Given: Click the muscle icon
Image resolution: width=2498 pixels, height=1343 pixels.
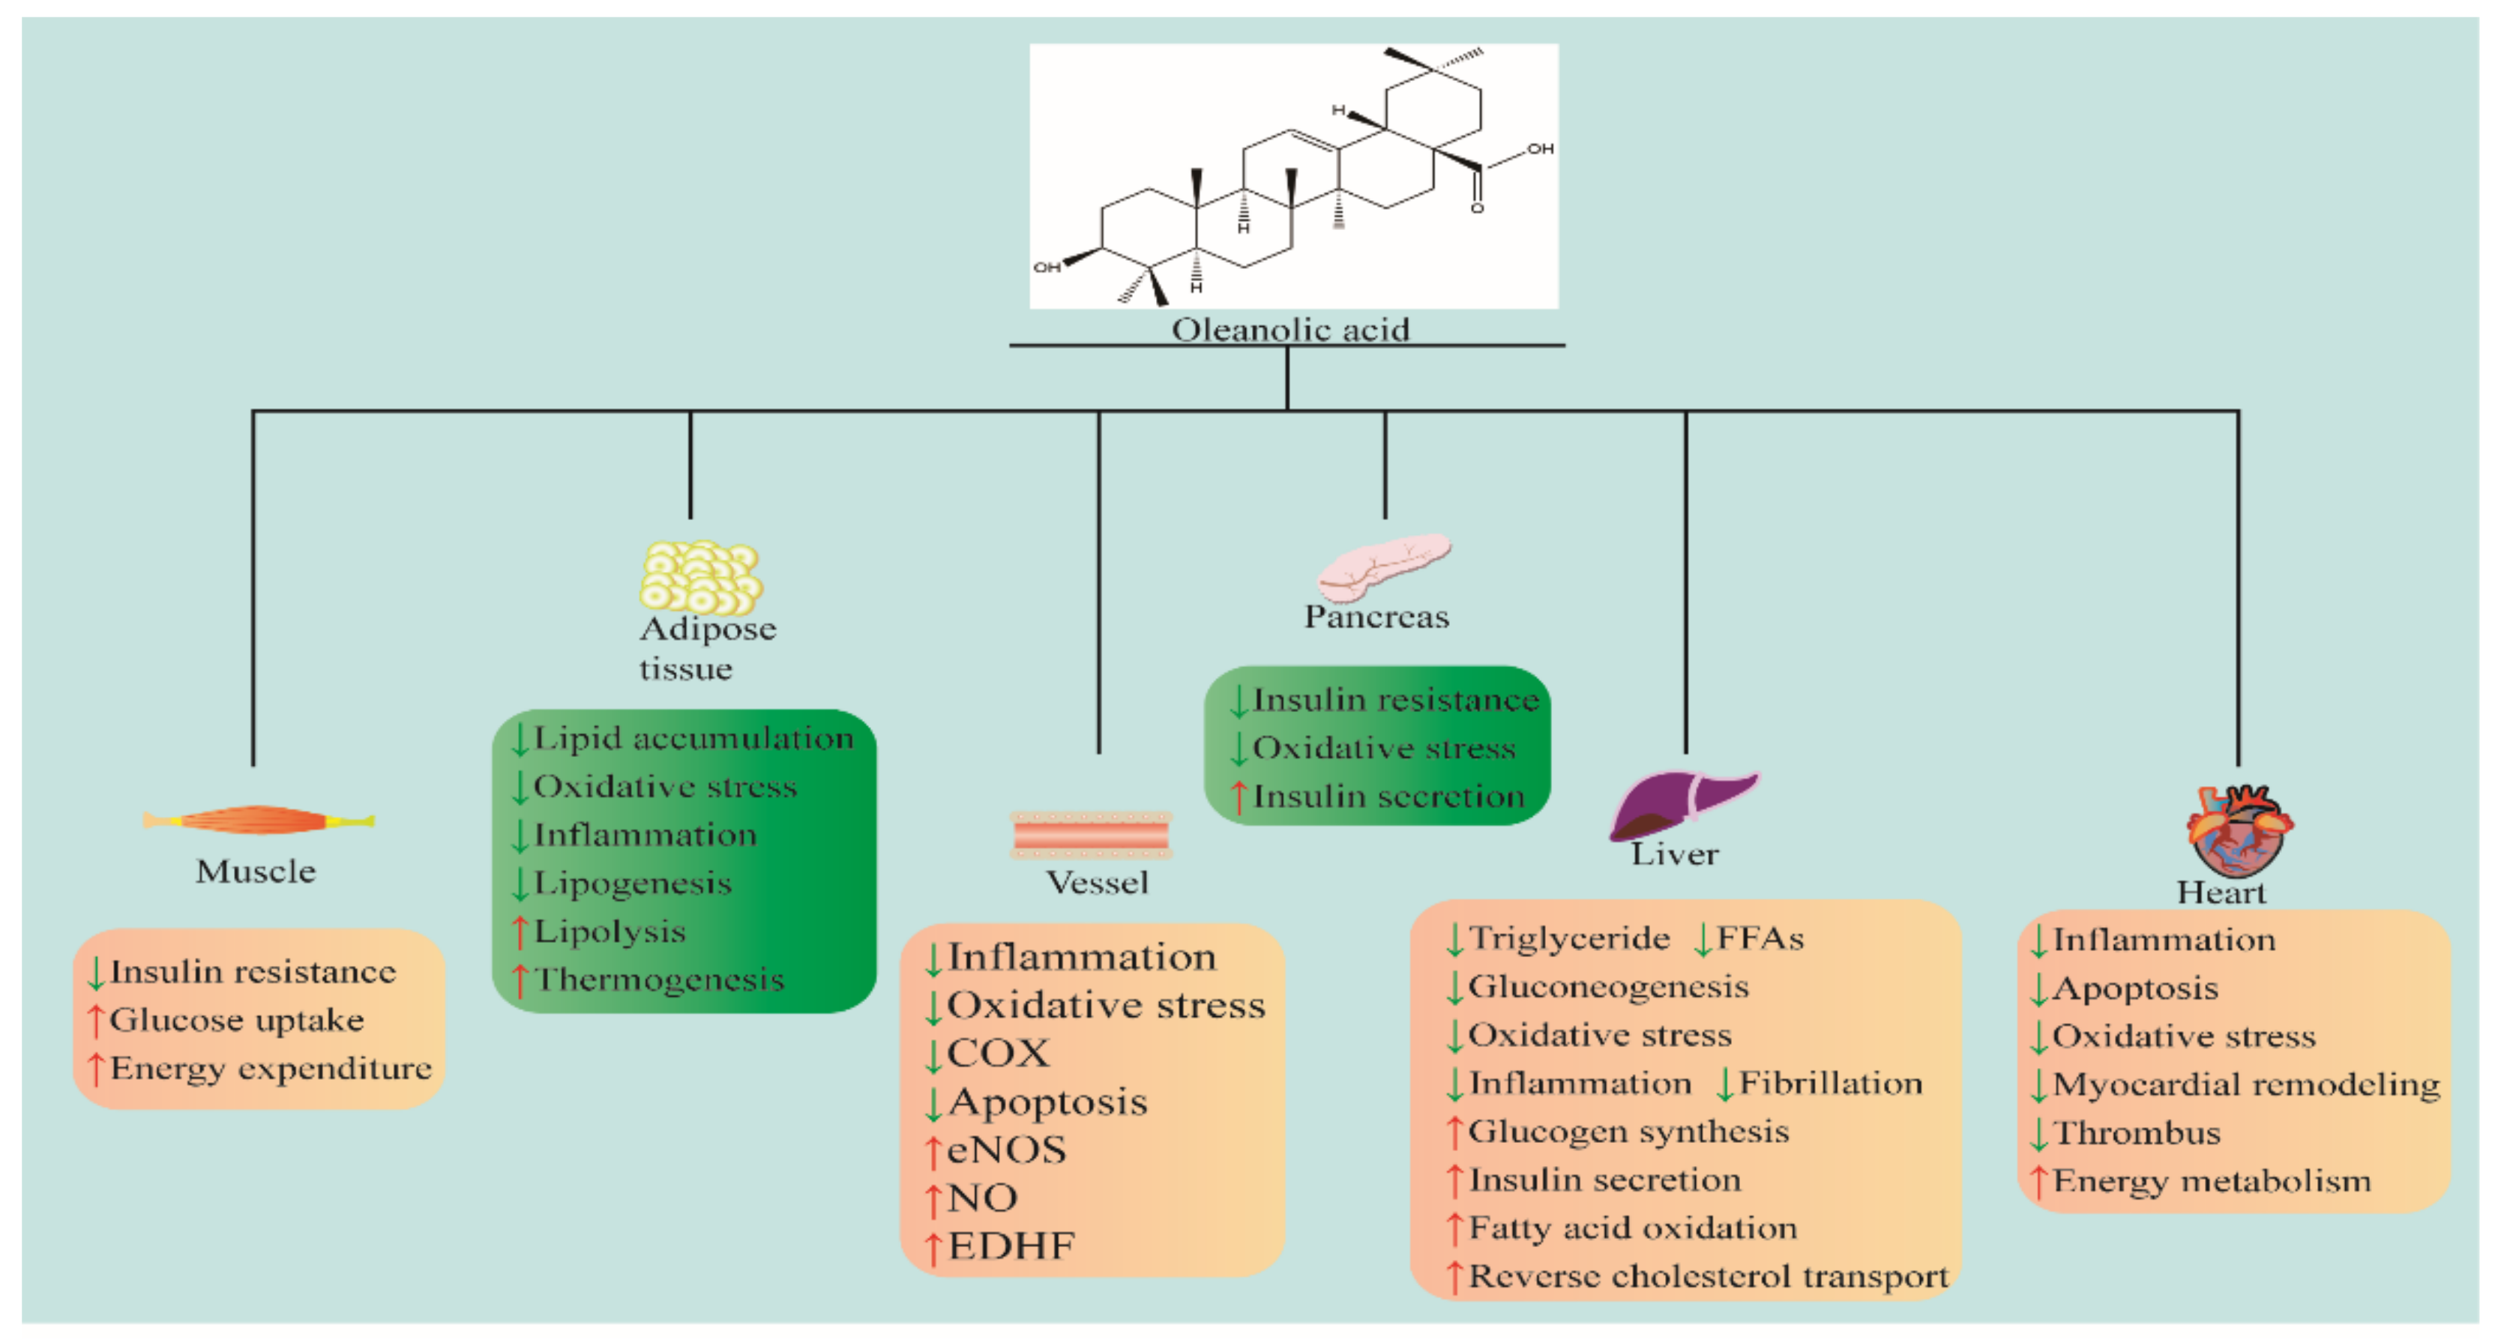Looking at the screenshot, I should [258, 821].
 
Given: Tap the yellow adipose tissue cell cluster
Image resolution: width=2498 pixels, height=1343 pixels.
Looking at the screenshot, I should [700, 577].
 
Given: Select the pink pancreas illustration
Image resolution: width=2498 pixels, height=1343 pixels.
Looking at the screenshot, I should [1382, 567].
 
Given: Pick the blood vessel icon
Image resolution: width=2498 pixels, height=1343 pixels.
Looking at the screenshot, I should [1091, 835].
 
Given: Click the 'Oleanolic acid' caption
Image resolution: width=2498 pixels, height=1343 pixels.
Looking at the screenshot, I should [1289, 330].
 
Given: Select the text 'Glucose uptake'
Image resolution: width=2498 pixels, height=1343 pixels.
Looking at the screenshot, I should [237, 1020].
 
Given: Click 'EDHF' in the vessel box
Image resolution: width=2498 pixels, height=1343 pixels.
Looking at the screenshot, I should [1011, 1246].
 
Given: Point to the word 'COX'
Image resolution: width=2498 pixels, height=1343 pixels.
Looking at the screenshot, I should [998, 1053].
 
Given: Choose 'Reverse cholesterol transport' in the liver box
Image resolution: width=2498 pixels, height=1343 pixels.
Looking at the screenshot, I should [1708, 1276].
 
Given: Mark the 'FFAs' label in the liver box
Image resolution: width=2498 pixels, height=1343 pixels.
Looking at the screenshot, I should [1760, 938].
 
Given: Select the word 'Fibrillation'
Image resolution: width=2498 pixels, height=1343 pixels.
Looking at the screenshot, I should [1830, 1082].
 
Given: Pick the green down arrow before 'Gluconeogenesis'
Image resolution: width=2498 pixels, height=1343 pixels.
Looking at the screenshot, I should [1454, 987].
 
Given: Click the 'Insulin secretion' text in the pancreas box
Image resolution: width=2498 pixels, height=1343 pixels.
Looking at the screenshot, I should [1388, 796].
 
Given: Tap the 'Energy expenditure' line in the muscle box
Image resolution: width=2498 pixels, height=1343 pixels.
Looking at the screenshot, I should [271, 1069].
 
